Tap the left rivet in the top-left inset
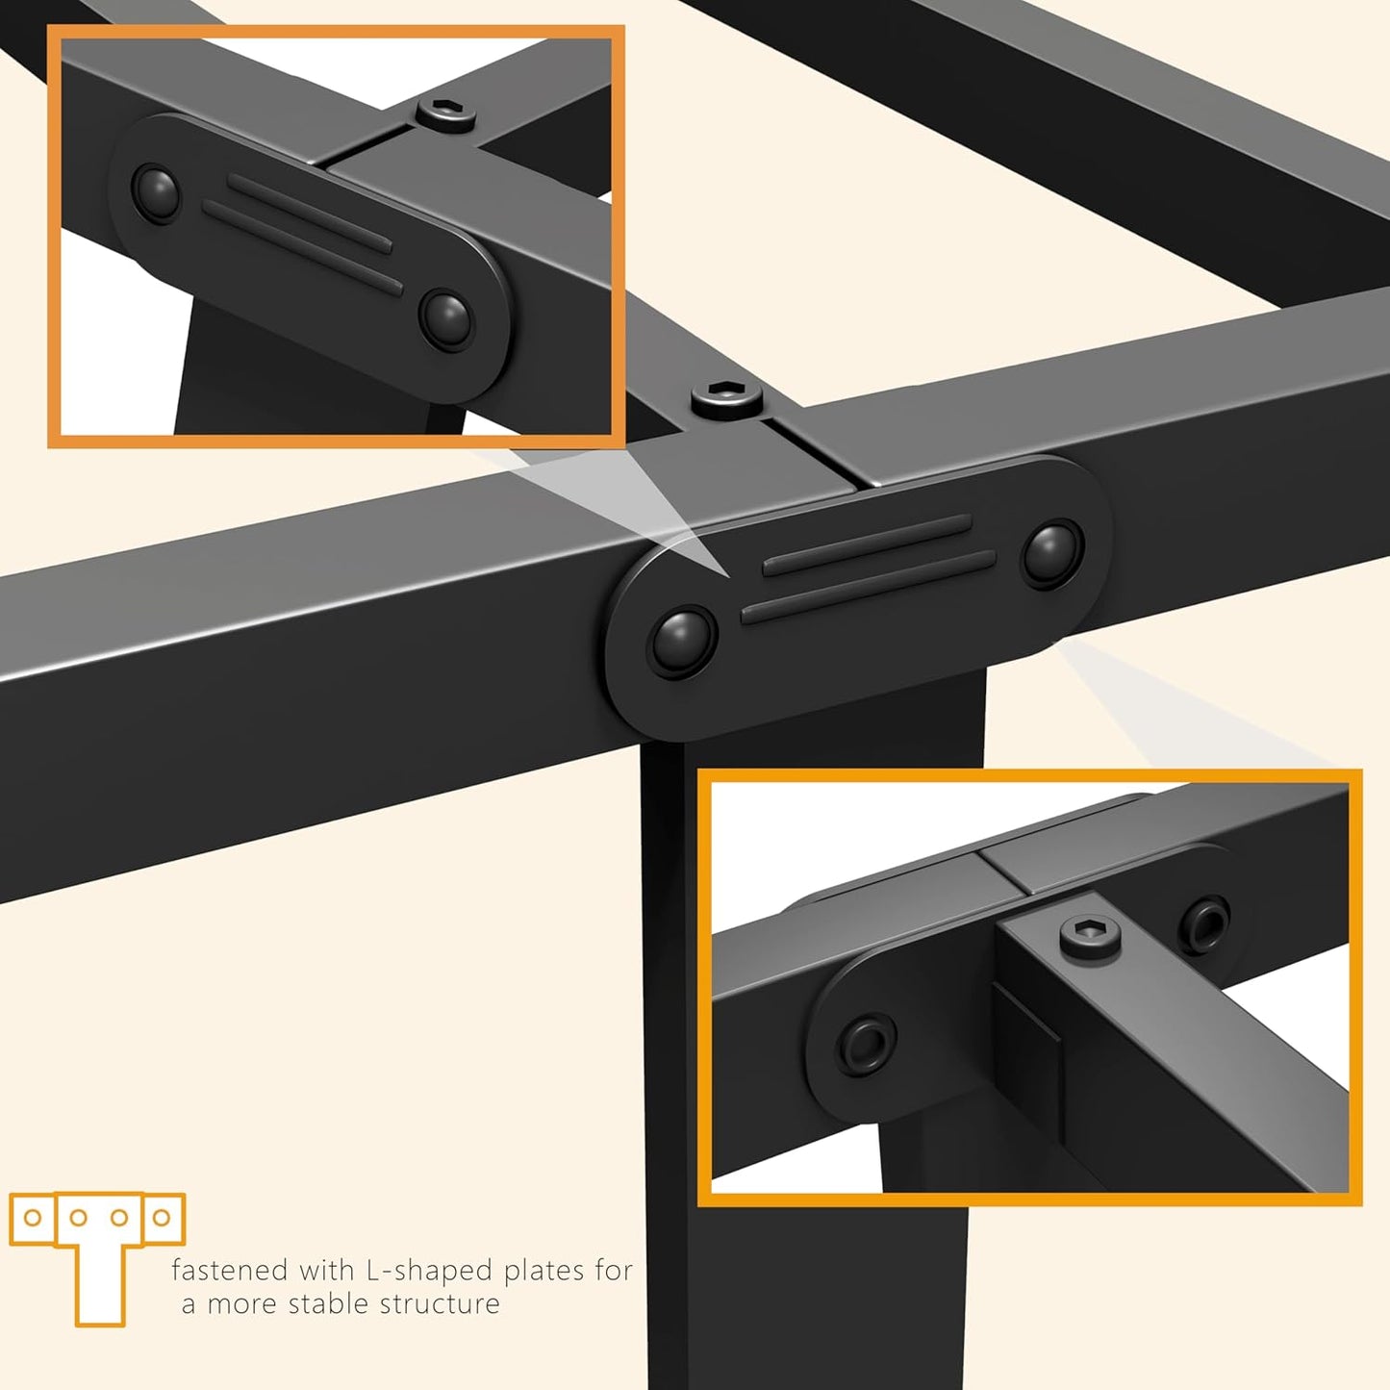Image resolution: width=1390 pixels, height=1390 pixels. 155,192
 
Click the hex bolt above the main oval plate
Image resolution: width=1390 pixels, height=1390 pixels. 727,396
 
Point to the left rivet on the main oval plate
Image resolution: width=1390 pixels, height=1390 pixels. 683,642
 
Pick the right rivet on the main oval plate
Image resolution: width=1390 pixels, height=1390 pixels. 1051,553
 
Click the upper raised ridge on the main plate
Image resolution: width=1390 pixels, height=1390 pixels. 867,544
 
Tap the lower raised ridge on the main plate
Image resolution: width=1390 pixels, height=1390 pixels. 868,586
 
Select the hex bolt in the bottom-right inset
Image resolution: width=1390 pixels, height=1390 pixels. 1091,933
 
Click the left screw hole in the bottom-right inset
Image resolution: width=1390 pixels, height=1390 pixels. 866,1043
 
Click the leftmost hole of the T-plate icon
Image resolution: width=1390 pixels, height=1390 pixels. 33,1218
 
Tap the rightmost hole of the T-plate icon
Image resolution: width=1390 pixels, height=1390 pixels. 162,1218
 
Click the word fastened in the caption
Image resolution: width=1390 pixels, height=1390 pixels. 229,1271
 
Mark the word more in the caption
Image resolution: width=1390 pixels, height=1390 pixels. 242,1304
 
